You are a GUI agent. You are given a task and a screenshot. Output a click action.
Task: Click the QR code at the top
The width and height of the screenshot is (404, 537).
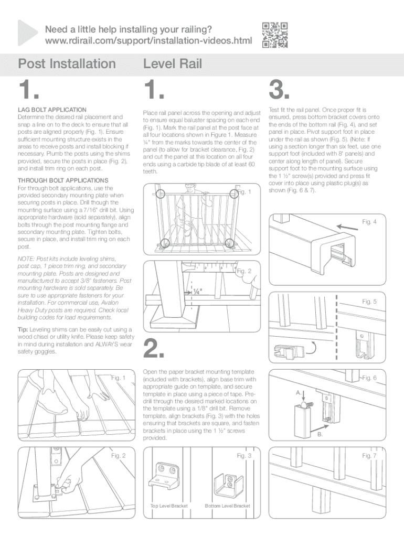[x=274, y=35]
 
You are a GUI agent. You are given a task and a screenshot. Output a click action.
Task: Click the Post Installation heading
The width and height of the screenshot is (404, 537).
[x=67, y=64]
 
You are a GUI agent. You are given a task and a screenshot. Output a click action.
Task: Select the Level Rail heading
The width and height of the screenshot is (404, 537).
[x=172, y=64]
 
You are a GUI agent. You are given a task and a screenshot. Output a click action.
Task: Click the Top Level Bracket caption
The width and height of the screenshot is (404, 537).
[x=169, y=506]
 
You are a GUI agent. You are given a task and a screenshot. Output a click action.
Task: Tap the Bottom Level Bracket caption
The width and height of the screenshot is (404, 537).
[x=227, y=506]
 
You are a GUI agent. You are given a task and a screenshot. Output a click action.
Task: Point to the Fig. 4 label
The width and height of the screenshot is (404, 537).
[x=369, y=222]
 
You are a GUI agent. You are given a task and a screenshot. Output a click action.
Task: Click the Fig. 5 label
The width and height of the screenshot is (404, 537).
[x=369, y=302]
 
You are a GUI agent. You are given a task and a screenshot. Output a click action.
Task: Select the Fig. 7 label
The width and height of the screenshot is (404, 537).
[x=369, y=456]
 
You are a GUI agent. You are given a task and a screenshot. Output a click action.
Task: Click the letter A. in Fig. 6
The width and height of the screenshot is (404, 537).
[x=298, y=392]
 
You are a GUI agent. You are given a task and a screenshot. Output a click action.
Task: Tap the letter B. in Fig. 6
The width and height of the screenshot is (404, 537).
[x=320, y=434]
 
